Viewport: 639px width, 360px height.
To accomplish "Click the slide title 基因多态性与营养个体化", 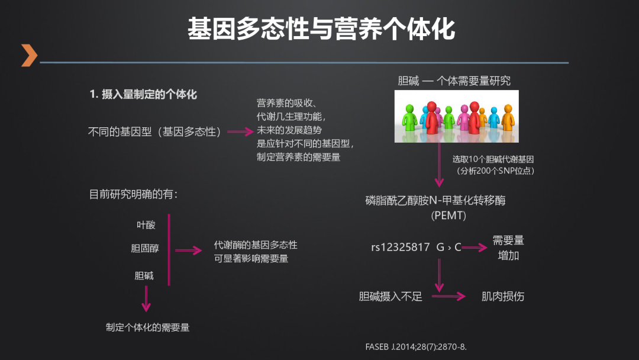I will [321, 29].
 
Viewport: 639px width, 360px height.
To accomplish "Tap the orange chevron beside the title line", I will [28, 55].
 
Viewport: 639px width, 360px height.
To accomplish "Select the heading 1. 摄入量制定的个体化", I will [143, 94].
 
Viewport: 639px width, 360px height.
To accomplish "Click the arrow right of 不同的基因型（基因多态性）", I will [240, 133].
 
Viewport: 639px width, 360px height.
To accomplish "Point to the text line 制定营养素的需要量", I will [298, 157].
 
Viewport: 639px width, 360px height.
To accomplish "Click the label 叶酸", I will [146, 225].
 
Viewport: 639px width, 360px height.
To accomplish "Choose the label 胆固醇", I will [145, 249].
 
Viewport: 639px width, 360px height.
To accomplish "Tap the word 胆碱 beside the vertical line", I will [144, 275].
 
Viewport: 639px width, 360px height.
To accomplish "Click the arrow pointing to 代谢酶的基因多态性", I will [189, 250].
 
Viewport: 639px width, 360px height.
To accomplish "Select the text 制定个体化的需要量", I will [148, 327].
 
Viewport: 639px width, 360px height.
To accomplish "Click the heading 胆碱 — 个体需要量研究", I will [454, 81].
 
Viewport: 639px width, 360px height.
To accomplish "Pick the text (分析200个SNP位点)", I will [494, 171].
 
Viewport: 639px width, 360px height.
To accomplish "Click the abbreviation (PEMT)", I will [448, 216].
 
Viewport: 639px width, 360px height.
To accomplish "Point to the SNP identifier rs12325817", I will [401, 247].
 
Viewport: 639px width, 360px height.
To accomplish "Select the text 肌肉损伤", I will [503, 296].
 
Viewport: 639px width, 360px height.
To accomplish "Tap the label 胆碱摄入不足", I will [390, 297].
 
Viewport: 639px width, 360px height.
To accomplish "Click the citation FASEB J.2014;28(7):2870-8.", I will [416, 346].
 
